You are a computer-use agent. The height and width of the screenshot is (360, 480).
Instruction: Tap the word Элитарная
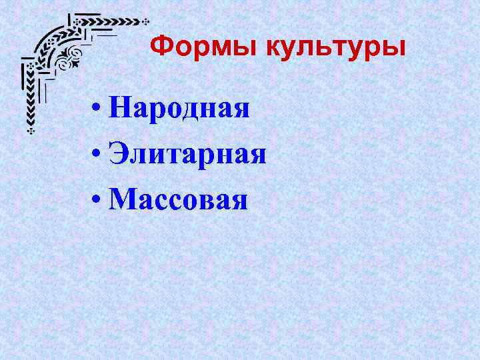(x=189, y=155)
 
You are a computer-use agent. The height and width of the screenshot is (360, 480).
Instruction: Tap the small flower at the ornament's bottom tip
(x=30, y=131)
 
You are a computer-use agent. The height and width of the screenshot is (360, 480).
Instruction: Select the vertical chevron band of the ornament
(x=30, y=100)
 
